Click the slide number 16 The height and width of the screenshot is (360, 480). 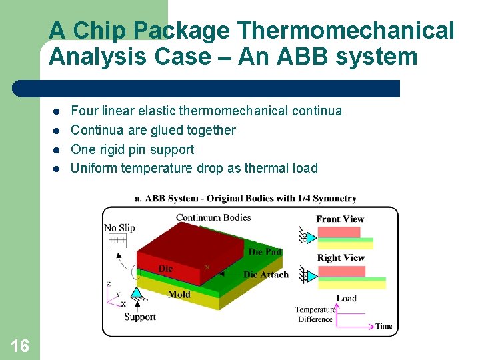point(20,345)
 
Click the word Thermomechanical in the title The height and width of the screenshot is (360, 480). point(345,31)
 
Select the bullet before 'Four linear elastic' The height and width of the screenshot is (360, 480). point(57,111)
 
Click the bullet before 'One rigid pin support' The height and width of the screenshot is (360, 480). point(57,150)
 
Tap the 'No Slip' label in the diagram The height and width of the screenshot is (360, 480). point(119,228)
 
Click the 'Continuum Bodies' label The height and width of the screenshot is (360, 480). point(213,217)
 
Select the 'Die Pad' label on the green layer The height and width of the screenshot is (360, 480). point(265,251)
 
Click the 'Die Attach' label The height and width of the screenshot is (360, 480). point(266,275)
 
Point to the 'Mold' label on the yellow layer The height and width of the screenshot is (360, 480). point(179,294)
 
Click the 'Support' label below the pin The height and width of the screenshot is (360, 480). point(139,317)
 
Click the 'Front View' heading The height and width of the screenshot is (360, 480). point(340,219)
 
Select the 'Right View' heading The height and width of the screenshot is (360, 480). point(341,257)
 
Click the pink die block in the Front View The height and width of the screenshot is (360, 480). point(338,232)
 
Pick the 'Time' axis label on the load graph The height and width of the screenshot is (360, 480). point(384,327)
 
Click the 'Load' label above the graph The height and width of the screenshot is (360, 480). point(346,298)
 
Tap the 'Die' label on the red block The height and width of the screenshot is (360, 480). point(165,269)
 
